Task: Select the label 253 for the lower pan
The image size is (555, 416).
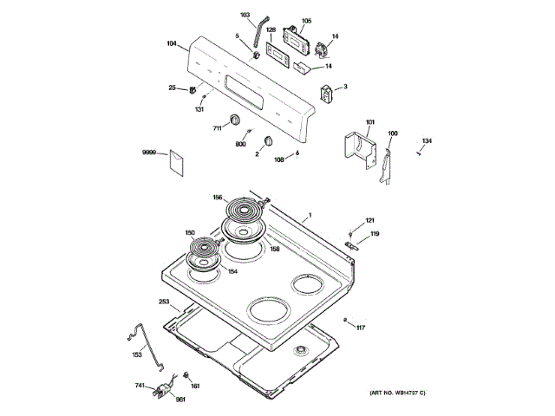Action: (x=163, y=302)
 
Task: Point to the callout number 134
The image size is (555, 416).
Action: (x=427, y=140)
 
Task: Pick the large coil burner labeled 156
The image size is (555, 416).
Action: (x=245, y=210)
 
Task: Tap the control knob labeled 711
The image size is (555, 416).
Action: (x=235, y=120)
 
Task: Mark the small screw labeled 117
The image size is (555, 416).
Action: (x=347, y=322)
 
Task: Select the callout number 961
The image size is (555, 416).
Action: (x=180, y=399)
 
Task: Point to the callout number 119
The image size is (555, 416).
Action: (x=375, y=234)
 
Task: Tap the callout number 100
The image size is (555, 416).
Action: (x=393, y=133)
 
